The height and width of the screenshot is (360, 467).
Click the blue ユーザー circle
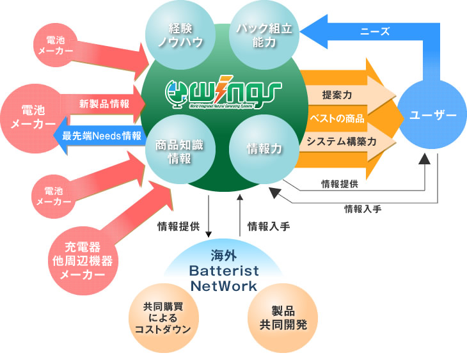coord(432,115)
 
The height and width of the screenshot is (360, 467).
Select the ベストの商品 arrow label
coord(336,118)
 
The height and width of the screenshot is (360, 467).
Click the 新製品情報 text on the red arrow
coord(104,103)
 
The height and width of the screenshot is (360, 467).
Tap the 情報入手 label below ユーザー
coord(362,208)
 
